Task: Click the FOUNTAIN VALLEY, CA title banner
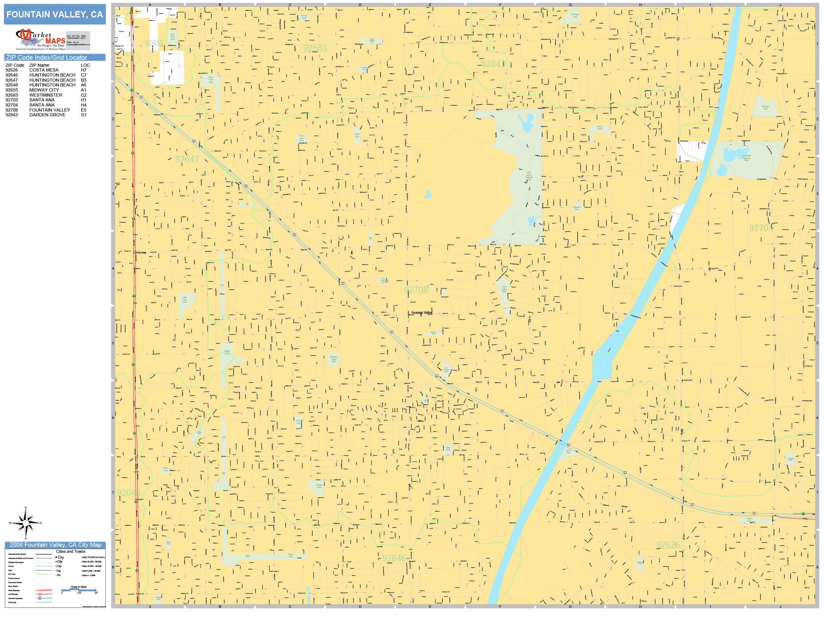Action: [x=54, y=15]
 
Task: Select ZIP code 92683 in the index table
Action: [x=11, y=95]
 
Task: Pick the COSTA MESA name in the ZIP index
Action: [x=44, y=70]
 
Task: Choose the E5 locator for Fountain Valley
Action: [x=83, y=110]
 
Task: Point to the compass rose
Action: [x=25, y=523]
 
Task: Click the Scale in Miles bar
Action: [x=79, y=590]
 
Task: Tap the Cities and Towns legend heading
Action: [x=70, y=551]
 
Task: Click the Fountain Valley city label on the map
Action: [x=421, y=313]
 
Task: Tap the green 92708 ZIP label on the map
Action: [x=416, y=290]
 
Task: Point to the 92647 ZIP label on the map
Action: [x=187, y=160]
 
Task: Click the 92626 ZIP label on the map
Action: [x=668, y=545]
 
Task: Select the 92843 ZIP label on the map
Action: [x=493, y=64]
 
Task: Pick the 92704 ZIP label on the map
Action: [x=761, y=228]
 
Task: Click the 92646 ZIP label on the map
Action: [x=394, y=558]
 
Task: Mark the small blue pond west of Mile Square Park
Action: [x=428, y=194]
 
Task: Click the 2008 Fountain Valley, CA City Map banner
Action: [x=55, y=545]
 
